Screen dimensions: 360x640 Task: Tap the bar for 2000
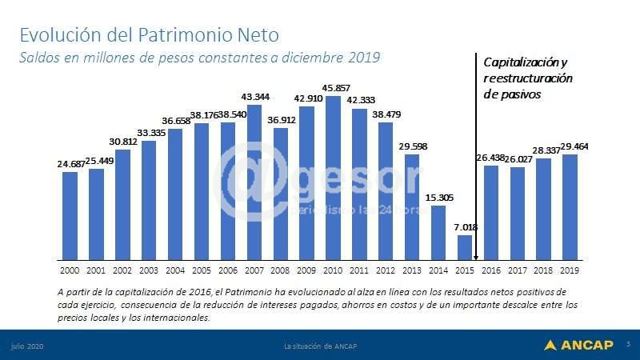point(70,215)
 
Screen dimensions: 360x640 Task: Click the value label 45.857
point(334,87)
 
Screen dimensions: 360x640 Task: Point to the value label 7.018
point(466,227)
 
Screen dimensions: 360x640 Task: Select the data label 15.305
point(438,198)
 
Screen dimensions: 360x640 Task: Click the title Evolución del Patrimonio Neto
point(149,35)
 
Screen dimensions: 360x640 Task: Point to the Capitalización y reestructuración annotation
point(527,78)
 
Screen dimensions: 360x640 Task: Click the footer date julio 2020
point(26,346)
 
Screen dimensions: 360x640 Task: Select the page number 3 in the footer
point(628,345)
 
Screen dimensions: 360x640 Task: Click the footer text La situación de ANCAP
point(320,346)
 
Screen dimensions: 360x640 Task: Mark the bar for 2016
point(491,212)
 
